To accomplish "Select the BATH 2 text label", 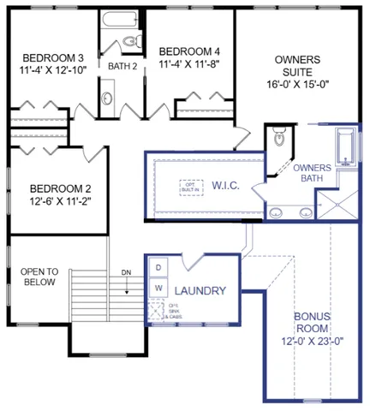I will pyautogui.click(x=122, y=65).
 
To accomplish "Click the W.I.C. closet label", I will pyautogui.click(x=225, y=186).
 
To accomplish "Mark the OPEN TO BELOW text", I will pyautogui.click(x=38, y=277).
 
